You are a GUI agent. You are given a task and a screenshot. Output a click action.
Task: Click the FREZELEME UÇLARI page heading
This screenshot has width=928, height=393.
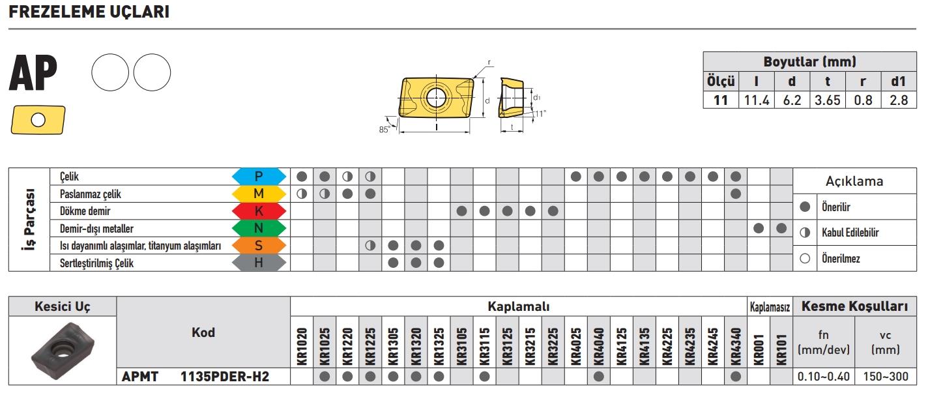[x=89, y=12]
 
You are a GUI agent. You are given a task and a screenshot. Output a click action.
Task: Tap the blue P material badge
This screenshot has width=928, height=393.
[x=259, y=176]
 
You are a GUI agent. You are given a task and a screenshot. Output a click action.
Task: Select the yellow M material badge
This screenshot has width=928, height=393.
[x=259, y=194]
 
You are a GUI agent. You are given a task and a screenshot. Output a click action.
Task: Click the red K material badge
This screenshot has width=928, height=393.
[x=259, y=211]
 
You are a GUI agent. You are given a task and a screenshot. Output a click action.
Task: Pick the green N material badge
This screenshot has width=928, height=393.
[x=259, y=229]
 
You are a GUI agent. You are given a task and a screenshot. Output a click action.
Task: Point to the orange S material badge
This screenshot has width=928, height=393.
[x=259, y=246]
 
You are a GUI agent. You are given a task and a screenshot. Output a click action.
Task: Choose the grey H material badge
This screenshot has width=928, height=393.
[x=259, y=263]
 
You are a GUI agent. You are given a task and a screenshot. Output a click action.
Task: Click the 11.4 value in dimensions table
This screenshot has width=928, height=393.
[x=756, y=100]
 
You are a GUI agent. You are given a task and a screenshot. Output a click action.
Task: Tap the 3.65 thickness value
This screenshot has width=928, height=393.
[x=827, y=100]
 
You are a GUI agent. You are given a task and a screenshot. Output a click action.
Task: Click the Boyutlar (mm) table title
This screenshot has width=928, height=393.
[x=809, y=63]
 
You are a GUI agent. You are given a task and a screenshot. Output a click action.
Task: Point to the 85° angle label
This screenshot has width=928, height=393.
[x=384, y=129]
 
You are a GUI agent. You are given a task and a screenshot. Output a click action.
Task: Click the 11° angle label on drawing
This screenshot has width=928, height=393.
[x=540, y=113]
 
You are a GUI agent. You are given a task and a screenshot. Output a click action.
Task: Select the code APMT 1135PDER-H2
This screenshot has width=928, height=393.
[x=196, y=377]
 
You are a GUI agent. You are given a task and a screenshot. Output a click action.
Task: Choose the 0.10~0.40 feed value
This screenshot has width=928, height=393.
[x=824, y=377]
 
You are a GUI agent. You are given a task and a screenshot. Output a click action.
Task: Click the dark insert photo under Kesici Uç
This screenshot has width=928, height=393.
[x=62, y=349]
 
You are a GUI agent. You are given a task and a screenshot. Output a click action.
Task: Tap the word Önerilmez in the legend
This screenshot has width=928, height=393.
[x=841, y=259]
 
